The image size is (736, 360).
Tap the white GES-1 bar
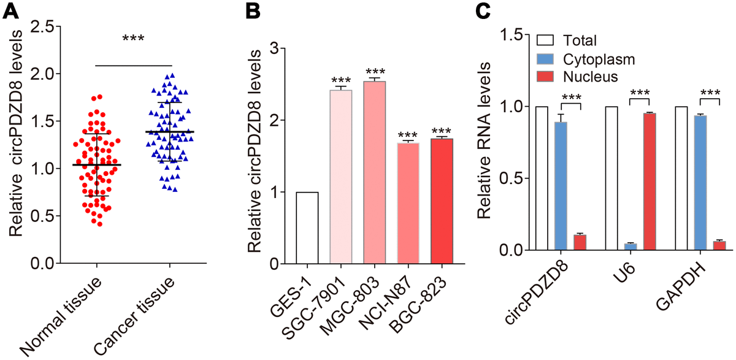(x=307, y=228)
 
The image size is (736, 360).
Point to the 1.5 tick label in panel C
(x=514, y=35)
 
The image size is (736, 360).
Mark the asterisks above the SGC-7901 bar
(x=341, y=80)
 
